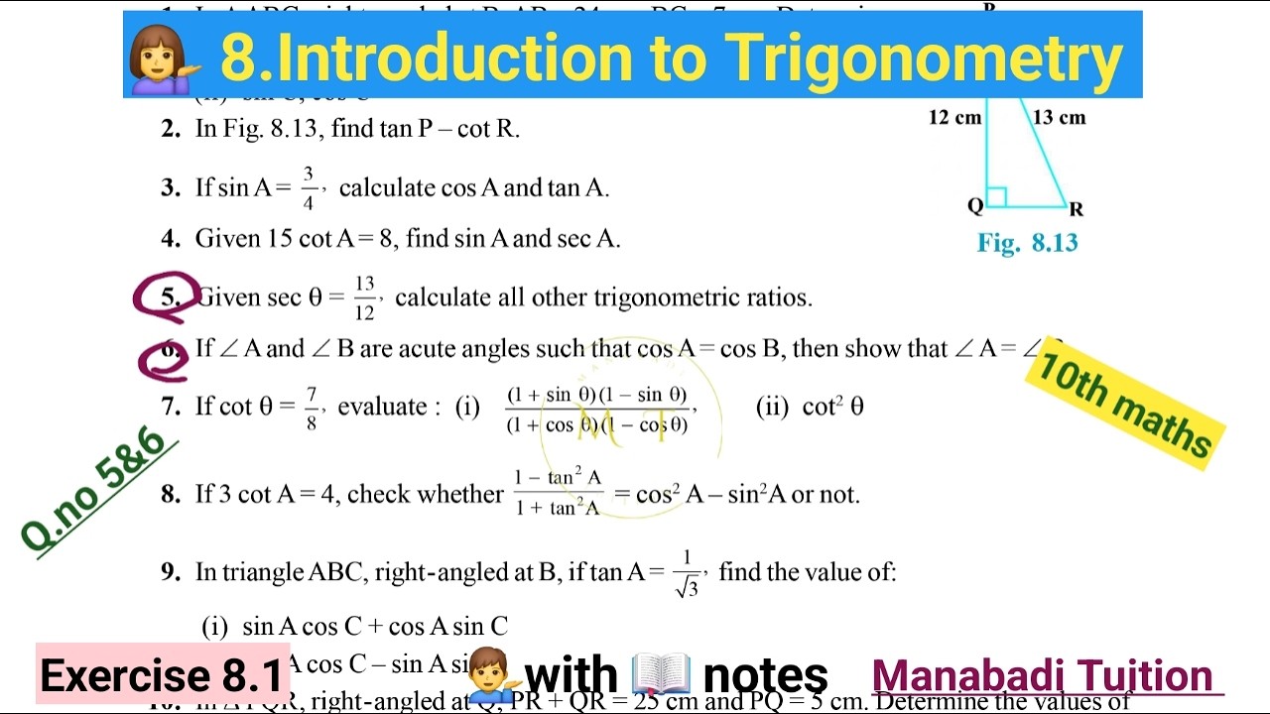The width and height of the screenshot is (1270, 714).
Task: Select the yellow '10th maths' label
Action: click(x=1124, y=407)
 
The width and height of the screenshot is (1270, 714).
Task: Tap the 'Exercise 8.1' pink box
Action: click(x=162, y=676)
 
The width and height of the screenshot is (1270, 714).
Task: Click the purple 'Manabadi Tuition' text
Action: click(x=1042, y=676)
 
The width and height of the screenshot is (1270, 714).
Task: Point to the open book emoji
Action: click(x=661, y=674)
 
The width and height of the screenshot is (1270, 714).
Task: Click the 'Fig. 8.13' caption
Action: click(x=1027, y=243)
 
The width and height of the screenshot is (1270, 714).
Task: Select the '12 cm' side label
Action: click(x=954, y=118)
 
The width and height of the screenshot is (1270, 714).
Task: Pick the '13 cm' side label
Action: click(x=1059, y=118)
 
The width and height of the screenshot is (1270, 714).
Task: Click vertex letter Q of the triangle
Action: click(x=975, y=205)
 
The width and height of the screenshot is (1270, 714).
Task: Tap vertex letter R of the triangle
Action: click(x=1077, y=209)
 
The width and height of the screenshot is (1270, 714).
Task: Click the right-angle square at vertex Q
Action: click(x=996, y=197)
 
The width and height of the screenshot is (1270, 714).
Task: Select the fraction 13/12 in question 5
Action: click(x=364, y=298)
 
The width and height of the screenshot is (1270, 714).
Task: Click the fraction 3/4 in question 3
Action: click(x=309, y=188)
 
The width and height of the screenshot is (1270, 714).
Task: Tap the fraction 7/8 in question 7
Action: click(x=312, y=407)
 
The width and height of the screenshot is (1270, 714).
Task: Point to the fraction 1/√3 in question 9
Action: click(x=687, y=573)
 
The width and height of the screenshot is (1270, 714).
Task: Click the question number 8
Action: click(x=171, y=494)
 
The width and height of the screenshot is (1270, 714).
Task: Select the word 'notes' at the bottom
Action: click(x=765, y=676)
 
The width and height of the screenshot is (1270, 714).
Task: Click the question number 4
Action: click(x=171, y=239)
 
